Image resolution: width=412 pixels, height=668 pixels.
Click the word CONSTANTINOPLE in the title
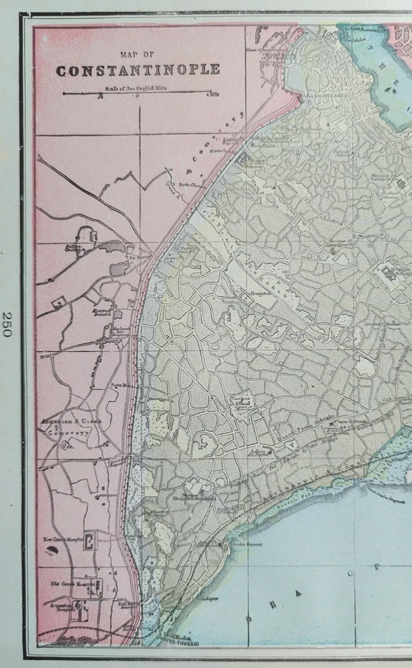point(138,70)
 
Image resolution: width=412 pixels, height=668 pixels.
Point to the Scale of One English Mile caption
point(138,88)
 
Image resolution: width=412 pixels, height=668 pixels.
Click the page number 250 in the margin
point(7,324)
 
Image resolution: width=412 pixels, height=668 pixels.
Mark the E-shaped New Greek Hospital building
point(89,541)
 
